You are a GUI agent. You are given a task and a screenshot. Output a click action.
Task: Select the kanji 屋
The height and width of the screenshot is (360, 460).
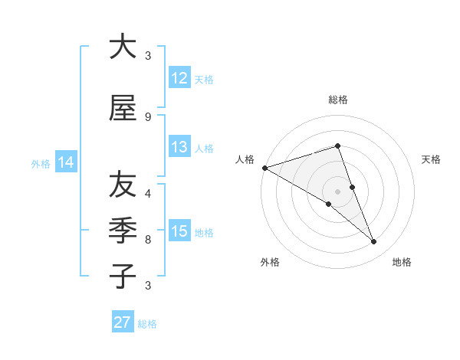coord(122,109)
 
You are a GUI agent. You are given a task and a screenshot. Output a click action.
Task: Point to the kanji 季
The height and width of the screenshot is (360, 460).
coord(122,230)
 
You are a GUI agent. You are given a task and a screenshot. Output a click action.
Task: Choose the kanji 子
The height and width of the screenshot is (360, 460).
coord(122,276)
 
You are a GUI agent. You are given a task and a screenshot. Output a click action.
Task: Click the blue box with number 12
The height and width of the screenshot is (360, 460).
coord(179,78)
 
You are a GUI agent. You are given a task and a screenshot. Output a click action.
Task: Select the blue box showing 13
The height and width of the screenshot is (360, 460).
coord(179,147)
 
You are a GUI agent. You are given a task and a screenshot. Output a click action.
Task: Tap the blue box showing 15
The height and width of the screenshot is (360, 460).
coord(179,231)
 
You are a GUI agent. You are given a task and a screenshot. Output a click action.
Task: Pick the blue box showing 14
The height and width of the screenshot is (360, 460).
coord(66,162)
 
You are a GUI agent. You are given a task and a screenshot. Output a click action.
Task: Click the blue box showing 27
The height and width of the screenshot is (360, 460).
coord(122,322)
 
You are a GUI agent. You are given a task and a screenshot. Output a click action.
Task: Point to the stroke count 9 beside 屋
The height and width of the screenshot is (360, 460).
coord(148,116)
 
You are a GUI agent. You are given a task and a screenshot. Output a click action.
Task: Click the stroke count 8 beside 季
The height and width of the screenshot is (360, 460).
coord(148,240)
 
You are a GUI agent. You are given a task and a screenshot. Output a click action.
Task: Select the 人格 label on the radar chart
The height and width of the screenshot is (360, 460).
coord(245,159)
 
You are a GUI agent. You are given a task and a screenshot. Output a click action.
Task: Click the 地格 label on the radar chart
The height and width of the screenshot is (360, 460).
coord(402,262)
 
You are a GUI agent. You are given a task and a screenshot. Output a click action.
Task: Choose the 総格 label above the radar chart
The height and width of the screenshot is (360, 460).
coord(337,100)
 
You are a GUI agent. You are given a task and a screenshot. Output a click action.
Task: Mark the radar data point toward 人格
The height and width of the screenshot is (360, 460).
coord(264,168)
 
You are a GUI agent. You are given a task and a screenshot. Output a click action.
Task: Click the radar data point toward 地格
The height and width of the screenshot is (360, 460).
coord(374,242)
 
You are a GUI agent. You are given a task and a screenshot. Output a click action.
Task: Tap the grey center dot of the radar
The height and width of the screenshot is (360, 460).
coord(337,191)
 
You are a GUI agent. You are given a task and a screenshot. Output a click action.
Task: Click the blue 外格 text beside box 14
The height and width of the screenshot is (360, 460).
coord(41,163)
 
